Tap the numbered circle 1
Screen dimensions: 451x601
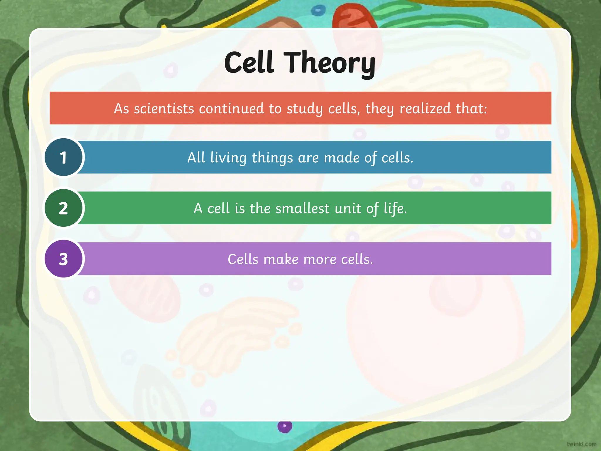(64, 157)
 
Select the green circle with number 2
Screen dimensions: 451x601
(64, 208)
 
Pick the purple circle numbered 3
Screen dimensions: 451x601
(64, 259)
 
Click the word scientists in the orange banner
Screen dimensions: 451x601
(164, 108)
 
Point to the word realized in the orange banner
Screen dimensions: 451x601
(425, 108)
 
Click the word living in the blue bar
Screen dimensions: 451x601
(228, 158)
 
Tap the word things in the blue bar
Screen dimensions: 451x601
(272, 158)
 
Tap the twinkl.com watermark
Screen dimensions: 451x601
(581, 444)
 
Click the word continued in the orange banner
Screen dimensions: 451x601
(231, 108)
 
